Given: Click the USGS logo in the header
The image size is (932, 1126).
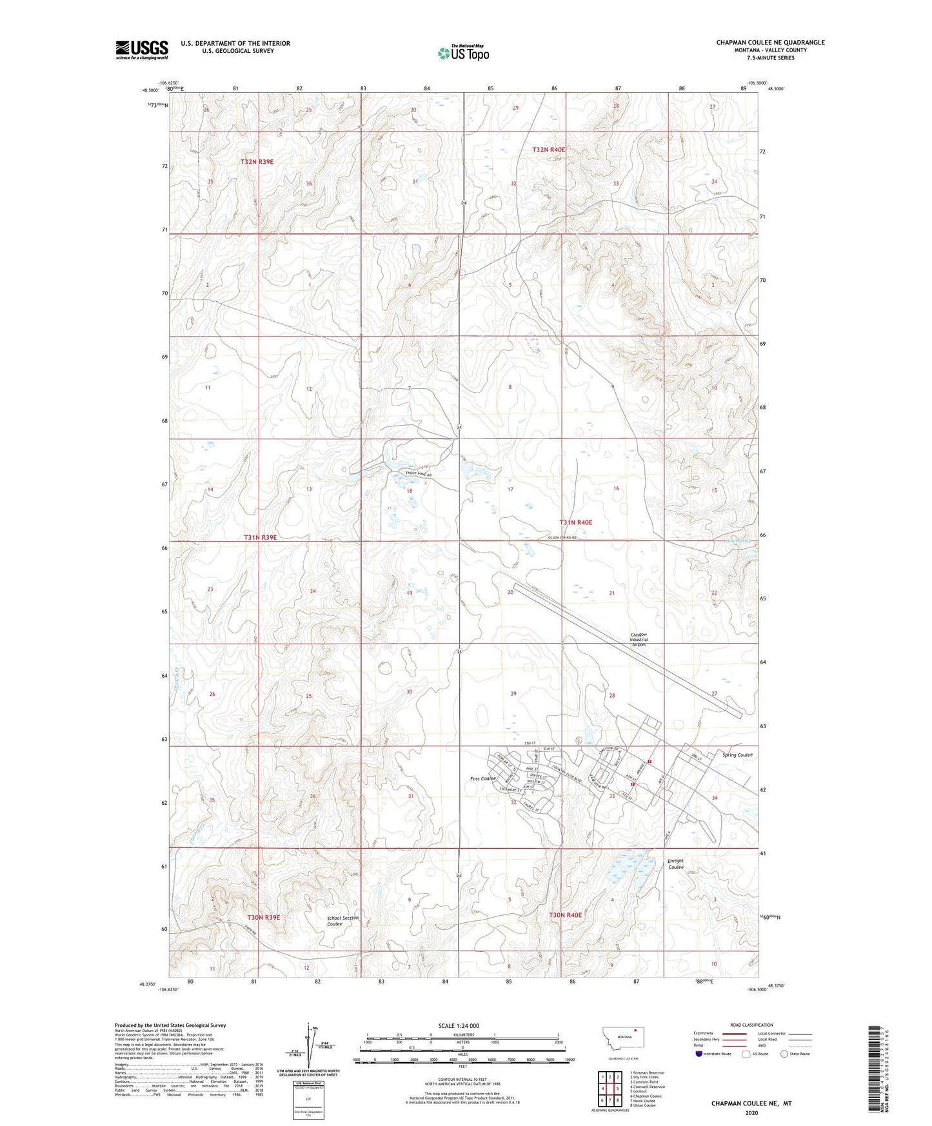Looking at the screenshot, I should point(142,50).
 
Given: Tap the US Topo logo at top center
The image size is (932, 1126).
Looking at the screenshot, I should point(463,53).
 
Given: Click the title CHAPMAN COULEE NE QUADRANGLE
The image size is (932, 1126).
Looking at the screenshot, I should point(770,43).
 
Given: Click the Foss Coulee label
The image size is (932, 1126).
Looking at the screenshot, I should point(483,779).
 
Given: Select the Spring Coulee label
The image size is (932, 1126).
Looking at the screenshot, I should point(737,755).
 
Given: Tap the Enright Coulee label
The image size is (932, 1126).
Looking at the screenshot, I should point(675,864).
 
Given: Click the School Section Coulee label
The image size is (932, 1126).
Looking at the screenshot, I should point(342,921).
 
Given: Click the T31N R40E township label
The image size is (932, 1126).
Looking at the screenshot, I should point(575,522).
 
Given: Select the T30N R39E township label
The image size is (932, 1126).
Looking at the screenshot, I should point(263,916).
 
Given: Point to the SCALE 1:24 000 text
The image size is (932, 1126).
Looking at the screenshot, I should point(458,1025).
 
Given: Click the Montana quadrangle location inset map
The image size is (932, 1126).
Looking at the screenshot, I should point(623,1042).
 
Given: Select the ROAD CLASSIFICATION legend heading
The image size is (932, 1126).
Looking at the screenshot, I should point(751,1025).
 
